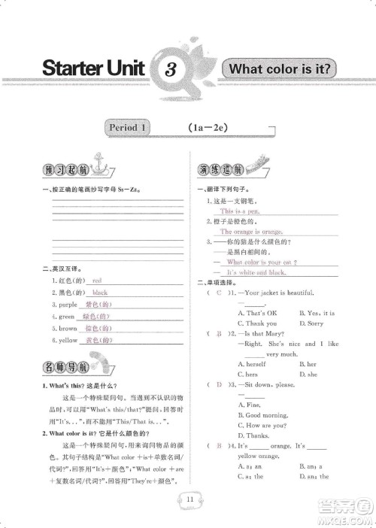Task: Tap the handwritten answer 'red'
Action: pyautogui.click(x=96, y=280)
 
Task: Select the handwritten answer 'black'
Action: pyautogui.click(x=100, y=292)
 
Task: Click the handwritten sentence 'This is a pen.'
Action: pyautogui.click(x=239, y=212)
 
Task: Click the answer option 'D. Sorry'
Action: pyautogui.click(x=310, y=323)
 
